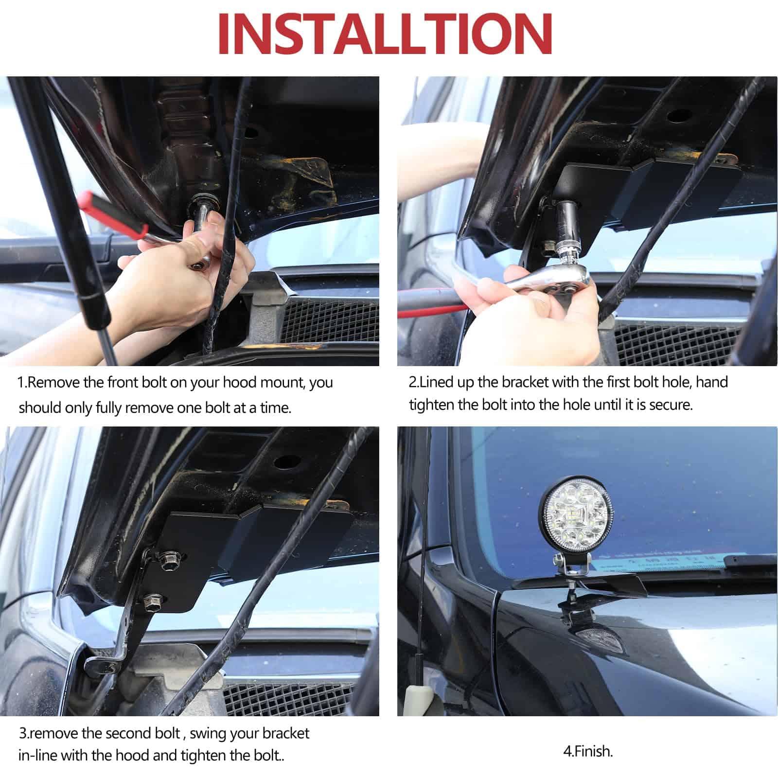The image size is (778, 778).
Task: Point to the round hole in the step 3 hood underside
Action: pyautogui.click(x=286, y=460)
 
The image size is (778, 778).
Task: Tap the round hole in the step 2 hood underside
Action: pyautogui.click(x=679, y=116)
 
